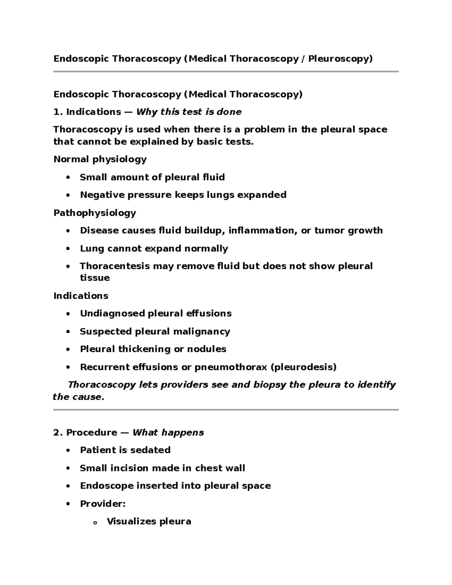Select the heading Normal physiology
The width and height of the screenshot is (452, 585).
[100, 159]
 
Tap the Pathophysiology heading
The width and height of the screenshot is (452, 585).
[95, 213]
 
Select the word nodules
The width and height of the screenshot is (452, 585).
[209, 349]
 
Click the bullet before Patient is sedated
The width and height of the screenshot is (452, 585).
[68, 451]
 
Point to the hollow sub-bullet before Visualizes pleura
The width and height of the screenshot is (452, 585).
[95, 522]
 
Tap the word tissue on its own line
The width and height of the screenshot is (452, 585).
[95, 278]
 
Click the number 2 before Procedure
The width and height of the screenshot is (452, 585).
[57, 432]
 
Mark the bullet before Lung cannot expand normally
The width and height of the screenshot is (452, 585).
[68, 249]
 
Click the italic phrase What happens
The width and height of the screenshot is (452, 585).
[168, 432]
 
